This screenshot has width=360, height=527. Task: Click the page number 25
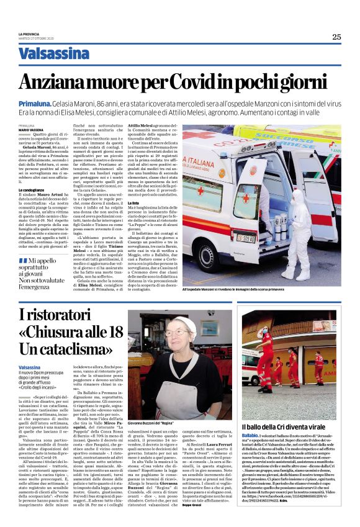click(x=336, y=37)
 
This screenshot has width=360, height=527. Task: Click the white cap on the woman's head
click(x=183, y=322)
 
